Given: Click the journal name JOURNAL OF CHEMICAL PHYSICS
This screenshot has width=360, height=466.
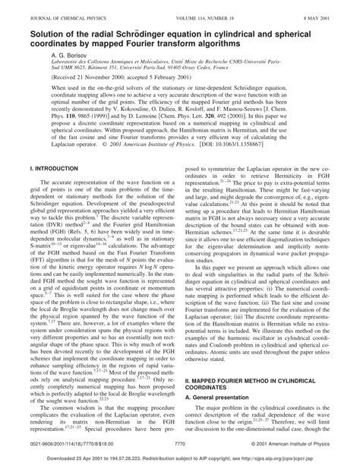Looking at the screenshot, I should point(56,8).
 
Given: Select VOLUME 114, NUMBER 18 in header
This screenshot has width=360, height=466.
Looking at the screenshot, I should point(194,8).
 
